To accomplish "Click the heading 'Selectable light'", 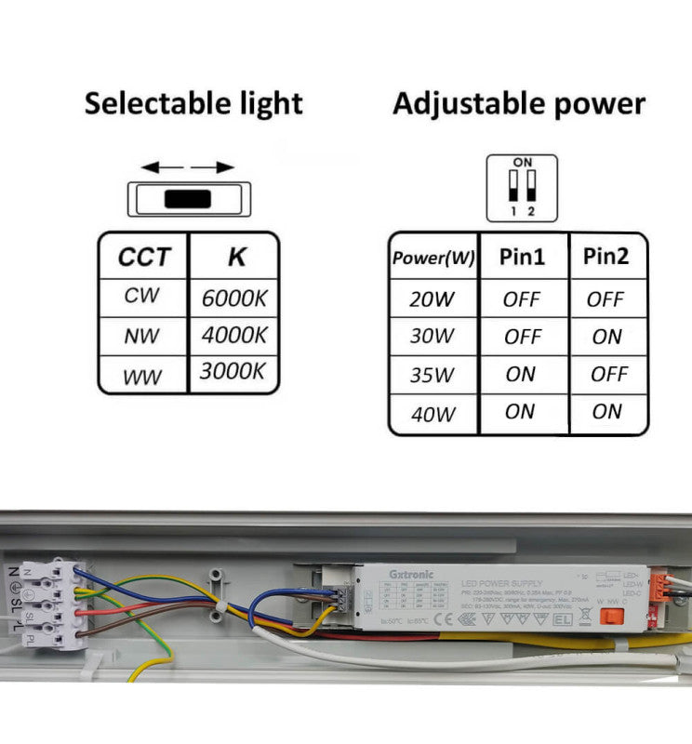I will point(193,103).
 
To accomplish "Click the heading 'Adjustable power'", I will point(518,103).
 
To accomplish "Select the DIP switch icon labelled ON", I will point(522,188).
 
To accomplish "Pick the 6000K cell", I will point(234,299).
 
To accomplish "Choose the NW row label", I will point(142,336).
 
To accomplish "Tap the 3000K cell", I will point(233,371).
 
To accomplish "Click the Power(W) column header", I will point(432,258).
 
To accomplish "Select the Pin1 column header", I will point(522,257).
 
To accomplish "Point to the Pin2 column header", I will point(606,257).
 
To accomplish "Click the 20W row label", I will point(432,299).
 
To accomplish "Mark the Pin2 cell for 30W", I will point(606,337).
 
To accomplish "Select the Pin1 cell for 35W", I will point(521,374).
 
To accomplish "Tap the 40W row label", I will point(432,414).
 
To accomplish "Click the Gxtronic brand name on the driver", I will point(406,575).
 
